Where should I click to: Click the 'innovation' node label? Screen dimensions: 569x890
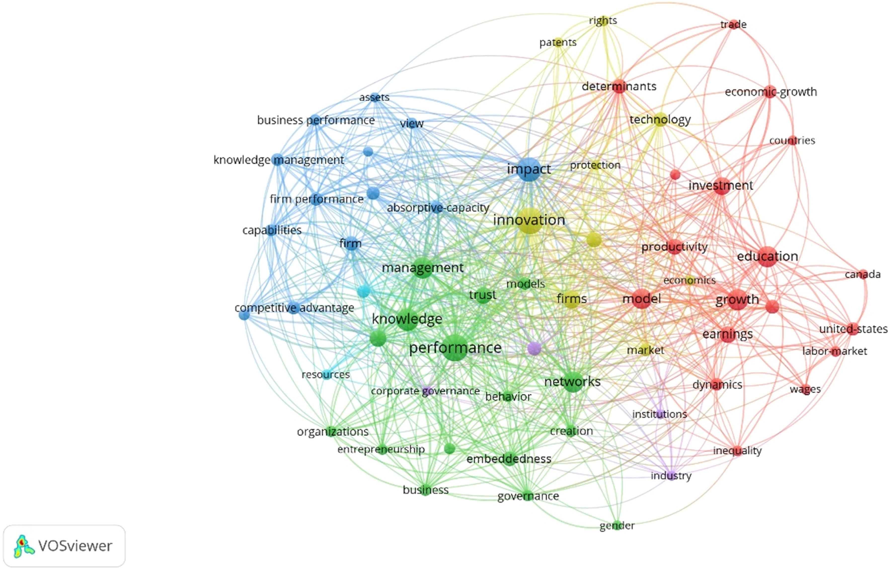click(529, 220)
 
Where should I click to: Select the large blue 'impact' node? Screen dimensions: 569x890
click(529, 169)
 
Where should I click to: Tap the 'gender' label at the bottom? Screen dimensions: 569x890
click(617, 525)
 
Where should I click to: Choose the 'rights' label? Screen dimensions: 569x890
click(603, 20)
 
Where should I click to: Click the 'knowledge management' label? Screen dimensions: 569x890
click(279, 160)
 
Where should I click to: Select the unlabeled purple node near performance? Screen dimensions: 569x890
click(534, 348)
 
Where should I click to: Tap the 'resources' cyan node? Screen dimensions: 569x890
click(326, 375)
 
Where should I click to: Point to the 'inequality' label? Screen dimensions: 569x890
click(737, 451)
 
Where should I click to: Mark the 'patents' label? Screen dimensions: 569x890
click(558, 42)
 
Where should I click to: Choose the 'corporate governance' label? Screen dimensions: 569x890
click(425, 391)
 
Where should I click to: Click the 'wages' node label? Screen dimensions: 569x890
click(805, 389)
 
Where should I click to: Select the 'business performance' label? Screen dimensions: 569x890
click(316, 120)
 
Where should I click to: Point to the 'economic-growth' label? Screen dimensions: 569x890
click(771, 92)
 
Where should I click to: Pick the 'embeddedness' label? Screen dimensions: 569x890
click(508, 459)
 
